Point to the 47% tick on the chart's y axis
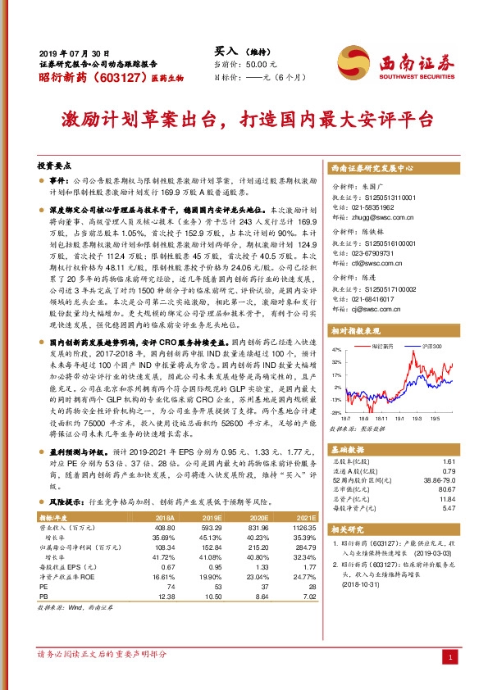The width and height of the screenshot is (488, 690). pyautogui.click(x=336, y=349)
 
